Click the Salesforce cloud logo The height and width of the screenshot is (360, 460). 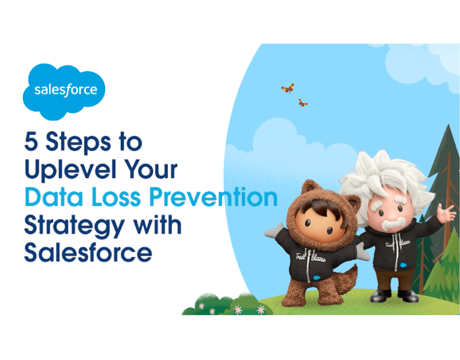pos(64,91)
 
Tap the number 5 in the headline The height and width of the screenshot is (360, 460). pos(31,143)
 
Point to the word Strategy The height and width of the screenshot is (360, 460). pos(71,226)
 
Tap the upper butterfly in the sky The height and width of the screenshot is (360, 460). pos(287,89)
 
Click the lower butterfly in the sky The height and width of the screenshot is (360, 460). pos(303,103)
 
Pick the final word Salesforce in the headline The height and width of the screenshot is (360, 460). pos(88,252)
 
